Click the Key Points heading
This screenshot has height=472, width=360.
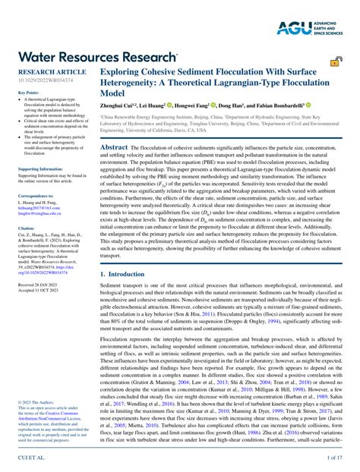[x=28, y=93]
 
